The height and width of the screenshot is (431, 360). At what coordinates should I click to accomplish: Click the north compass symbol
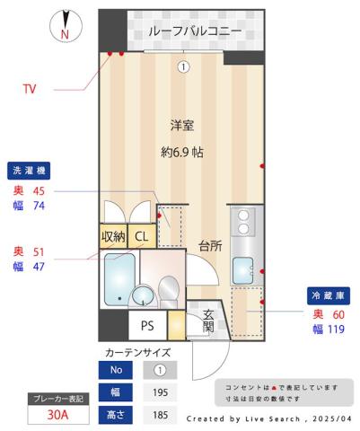click(65, 25)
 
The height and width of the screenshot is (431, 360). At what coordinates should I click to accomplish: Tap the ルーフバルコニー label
click(195, 31)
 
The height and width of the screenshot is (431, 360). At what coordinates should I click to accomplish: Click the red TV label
click(30, 89)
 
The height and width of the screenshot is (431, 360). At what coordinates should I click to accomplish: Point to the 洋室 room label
click(182, 126)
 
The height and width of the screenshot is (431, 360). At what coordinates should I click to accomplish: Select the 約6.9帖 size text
click(182, 152)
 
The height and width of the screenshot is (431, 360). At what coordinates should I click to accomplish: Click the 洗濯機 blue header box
click(31, 171)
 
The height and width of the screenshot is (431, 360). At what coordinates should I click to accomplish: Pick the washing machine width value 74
click(38, 206)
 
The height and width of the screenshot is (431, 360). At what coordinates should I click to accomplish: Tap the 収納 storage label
click(113, 236)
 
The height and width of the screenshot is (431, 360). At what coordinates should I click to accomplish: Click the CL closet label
click(141, 236)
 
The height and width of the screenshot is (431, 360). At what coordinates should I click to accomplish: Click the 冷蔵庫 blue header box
click(328, 295)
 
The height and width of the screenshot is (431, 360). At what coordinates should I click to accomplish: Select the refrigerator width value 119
click(334, 330)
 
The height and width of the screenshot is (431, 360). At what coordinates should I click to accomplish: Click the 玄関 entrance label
click(208, 321)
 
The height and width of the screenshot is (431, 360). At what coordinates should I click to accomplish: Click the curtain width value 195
click(160, 391)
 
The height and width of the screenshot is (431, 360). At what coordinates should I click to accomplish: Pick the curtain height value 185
click(160, 414)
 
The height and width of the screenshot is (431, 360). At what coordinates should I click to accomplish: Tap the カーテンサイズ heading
click(137, 352)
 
